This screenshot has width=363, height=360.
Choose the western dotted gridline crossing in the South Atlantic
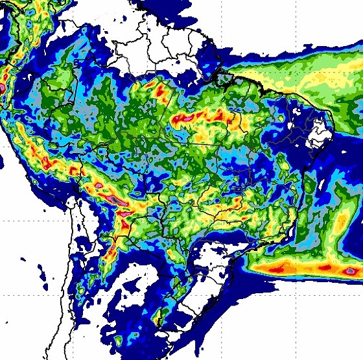pos(222,294)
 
